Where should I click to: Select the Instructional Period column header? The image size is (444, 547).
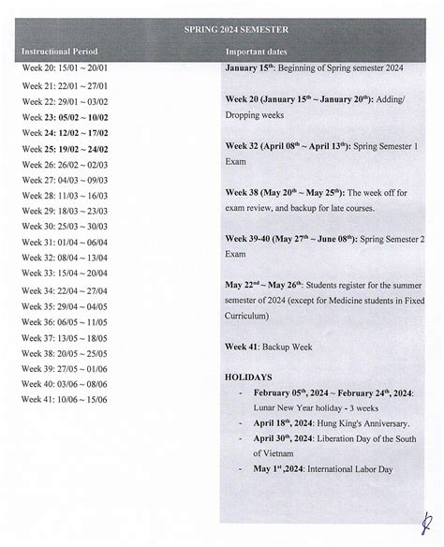58,51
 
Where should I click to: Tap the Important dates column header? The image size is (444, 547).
257,51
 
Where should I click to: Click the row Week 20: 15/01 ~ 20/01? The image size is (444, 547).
65,68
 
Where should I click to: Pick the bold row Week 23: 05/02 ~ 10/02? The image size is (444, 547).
65,117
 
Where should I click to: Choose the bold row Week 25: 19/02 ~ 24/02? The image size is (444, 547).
65,149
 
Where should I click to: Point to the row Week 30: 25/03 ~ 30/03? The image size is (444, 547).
65,226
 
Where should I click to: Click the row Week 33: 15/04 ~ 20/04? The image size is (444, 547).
65,273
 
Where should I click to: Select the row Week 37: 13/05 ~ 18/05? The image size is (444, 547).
65,337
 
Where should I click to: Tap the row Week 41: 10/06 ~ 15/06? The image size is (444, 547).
65,399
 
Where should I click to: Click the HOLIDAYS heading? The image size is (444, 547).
248,377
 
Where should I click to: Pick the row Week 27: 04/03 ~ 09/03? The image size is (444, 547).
65,180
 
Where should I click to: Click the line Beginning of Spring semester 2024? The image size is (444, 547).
314,68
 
